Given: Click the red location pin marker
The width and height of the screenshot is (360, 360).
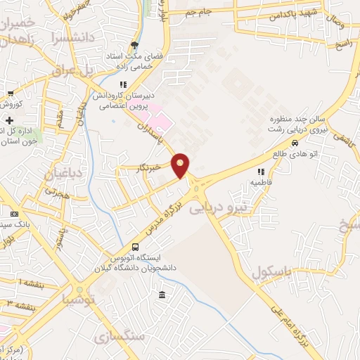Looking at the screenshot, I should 181,165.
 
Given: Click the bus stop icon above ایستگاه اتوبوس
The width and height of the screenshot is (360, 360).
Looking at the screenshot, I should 136,247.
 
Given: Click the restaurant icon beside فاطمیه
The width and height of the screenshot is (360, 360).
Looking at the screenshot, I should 260,171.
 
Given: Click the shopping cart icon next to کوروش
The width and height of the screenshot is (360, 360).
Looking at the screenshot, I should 11,94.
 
